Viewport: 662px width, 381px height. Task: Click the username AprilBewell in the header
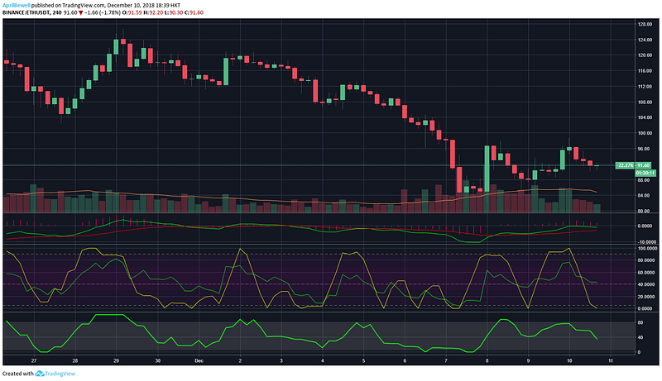pos(17,4)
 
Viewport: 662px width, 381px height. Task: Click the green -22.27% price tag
pos(625,165)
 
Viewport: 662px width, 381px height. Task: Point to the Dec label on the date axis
pos(199,360)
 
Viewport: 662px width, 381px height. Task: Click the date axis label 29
pos(117,360)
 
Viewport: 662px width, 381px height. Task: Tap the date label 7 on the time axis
pos(446,360)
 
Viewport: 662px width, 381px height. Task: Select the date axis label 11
pos(611,360)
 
